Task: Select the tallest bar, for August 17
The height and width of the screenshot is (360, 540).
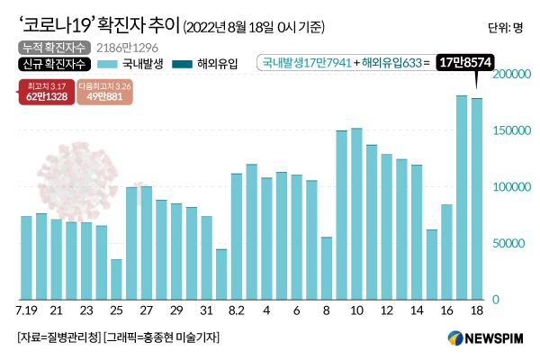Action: click(462, 197)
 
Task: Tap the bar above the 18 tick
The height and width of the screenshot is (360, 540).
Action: click(477, 199)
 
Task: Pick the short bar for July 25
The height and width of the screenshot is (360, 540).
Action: click(116, 279)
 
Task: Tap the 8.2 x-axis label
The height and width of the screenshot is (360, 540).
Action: click(237, 310)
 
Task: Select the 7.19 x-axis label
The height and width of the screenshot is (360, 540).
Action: click(26, 310)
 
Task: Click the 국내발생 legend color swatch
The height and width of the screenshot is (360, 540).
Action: click(108, 64)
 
